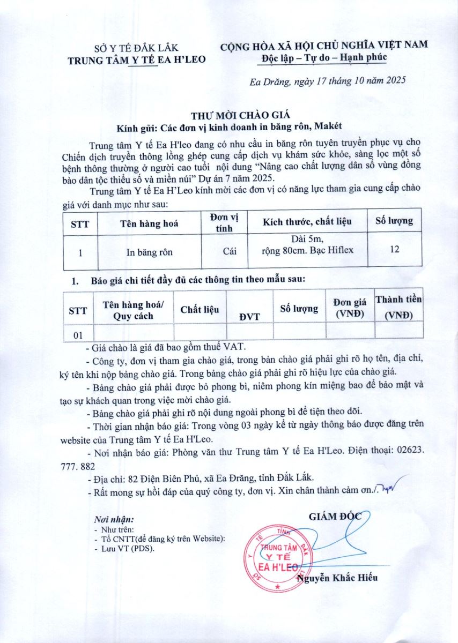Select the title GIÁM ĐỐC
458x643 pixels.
coord(336,517)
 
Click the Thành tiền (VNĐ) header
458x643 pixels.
coord(398,307)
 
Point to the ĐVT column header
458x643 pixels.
coord(250,316)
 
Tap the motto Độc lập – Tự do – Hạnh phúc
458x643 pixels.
coord(324,57)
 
